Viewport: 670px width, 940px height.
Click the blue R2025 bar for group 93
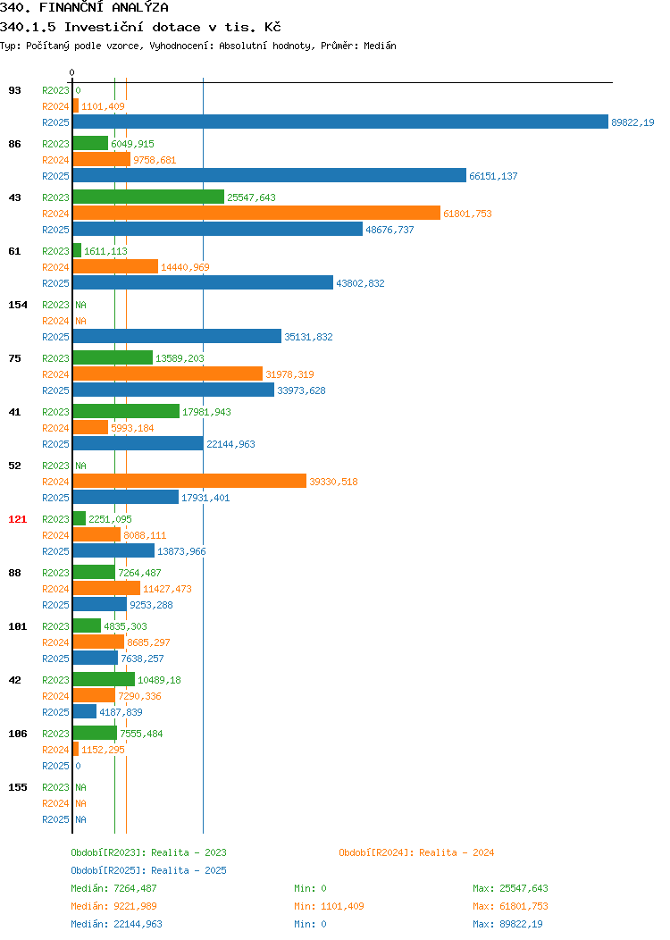(340, 122)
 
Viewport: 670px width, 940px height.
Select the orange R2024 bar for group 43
(256, 213)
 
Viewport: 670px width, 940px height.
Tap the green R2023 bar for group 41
(127, 411)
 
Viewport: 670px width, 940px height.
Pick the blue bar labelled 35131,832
(178, 336)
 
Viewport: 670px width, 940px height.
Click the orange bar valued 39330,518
(190, 481)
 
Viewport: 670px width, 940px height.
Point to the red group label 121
(17, 519)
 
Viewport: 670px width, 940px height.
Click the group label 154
(17, 305)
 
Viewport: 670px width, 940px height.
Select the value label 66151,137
(493, 176)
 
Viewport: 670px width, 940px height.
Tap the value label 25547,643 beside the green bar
(251, 197)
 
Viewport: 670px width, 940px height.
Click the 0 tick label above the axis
(72, 72)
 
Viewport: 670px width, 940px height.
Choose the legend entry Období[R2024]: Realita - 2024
(416, 852)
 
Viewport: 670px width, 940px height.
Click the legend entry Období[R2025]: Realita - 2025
(148, 870)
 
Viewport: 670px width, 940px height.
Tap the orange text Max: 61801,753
(510, 906)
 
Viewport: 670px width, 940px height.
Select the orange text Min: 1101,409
(329, 906)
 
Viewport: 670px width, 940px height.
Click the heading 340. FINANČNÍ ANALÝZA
(85, 8)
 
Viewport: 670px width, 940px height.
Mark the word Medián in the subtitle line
(380, 46)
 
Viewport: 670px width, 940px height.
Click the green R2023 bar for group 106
(96, 733)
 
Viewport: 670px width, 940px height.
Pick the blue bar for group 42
(85, 711)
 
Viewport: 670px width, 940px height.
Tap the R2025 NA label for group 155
(81, 819)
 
